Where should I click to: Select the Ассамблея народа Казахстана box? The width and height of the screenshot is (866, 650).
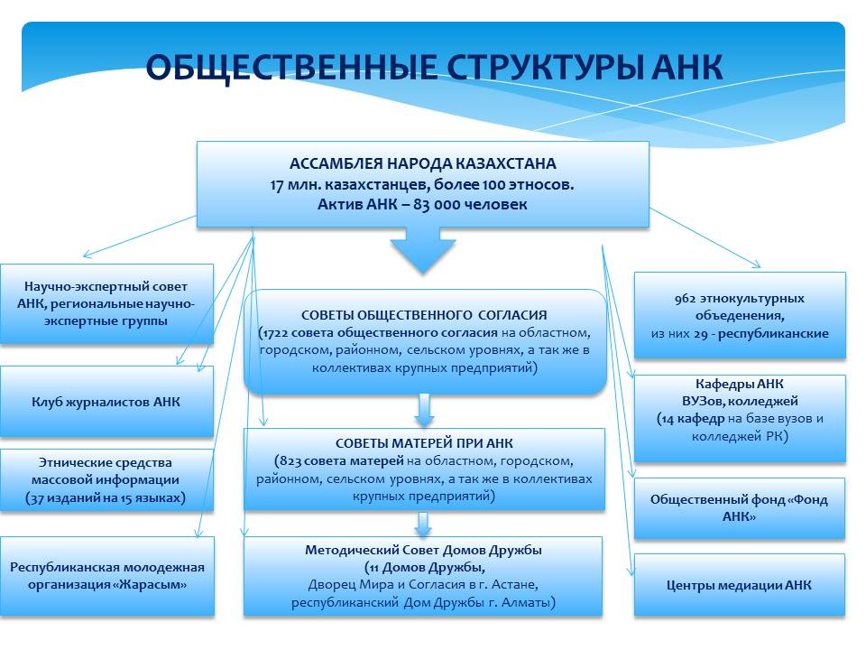click(x=422, y=184)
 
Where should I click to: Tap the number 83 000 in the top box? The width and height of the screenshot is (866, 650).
click(x=437, y=205)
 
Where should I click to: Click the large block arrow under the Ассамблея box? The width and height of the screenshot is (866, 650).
click(x=423, y=250)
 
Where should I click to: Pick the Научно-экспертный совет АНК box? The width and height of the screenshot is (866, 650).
click(x=106, y=304)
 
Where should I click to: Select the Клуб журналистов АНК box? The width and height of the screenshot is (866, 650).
click(x=106, y=402)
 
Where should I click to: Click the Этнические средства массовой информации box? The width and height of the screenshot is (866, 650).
click(x=106, y=479)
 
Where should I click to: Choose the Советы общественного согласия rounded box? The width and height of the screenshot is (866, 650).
click(x=425, y=341)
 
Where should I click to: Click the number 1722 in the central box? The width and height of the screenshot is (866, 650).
click(x=276, y=333)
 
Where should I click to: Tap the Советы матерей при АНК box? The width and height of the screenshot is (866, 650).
click(x=424, y=469)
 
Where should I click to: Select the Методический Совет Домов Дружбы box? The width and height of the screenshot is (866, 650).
click(x=423, y=576)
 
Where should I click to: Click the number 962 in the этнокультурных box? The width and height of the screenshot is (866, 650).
click(x=685, y=299)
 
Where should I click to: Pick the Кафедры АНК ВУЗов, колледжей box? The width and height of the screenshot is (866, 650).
click(x=740, y=418)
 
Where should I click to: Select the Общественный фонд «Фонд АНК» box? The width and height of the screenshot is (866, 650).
click(x=740, y=508)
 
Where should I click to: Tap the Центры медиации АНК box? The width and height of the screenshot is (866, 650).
click(x=740, y=585)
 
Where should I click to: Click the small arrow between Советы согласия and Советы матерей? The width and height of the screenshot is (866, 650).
click(x=424, y=410)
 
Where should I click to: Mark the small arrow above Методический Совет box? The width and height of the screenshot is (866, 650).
click(x=423, y=524)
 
